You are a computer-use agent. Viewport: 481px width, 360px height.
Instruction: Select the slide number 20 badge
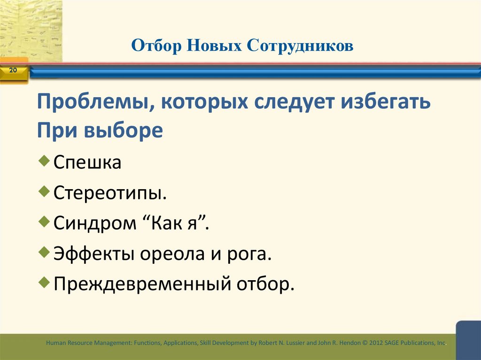click(13, 71)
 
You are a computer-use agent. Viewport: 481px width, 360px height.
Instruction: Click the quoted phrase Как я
click(178, 223)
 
